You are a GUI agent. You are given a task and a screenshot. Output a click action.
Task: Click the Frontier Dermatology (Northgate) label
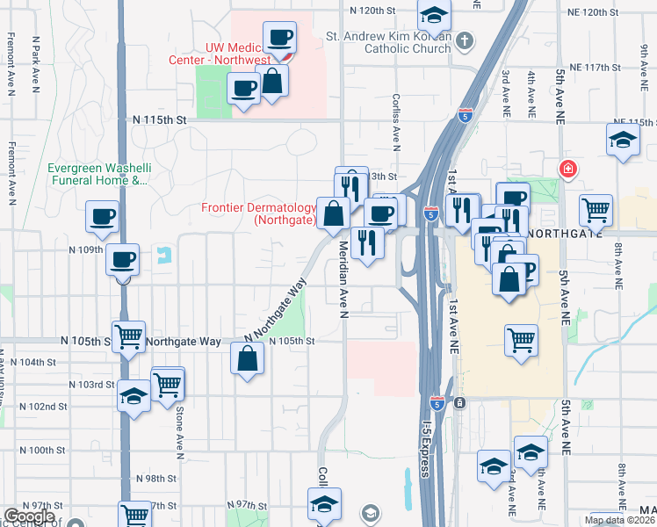(x=258, y=214)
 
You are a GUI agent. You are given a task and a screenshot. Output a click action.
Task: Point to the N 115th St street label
(x=161, y=119)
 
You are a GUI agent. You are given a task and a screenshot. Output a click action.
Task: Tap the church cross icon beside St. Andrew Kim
(x=465, y=40)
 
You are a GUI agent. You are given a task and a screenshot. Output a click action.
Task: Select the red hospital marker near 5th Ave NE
(x=569, y=168)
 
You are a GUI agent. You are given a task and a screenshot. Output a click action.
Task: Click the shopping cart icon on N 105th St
(x=129, y=335)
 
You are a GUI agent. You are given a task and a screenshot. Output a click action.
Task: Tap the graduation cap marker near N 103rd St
(x=134, y=395)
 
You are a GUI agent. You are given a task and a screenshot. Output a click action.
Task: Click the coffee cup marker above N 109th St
(x=103, y=216)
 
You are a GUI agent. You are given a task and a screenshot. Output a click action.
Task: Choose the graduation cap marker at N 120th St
(x=432, y=15)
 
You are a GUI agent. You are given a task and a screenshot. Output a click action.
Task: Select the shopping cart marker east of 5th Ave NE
(x=596, y=209)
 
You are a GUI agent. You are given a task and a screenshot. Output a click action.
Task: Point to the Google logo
(x=29, y=517)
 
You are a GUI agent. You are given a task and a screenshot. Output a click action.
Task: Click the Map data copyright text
(x=619, y=520)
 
